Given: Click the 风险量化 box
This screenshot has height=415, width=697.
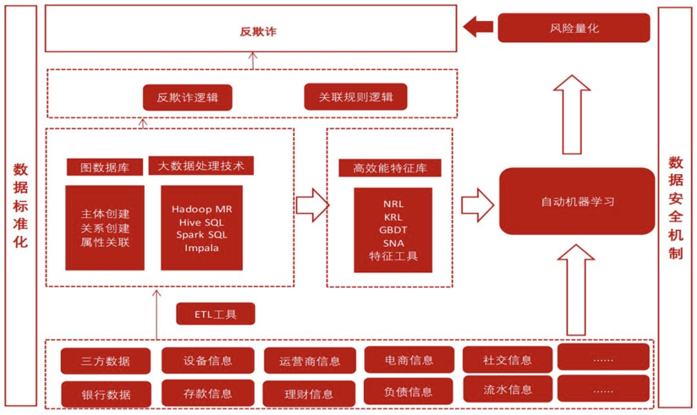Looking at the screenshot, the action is (x=574, y=28).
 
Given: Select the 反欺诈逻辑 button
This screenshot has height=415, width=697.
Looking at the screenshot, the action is (x=188, y=97).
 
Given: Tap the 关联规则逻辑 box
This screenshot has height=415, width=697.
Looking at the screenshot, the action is (x=356, y=97).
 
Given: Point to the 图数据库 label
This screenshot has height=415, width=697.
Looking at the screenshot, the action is (x=105, y=167).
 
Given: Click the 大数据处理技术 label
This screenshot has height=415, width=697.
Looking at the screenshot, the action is (x=201, y=166).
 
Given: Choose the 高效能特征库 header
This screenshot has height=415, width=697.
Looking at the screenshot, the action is (x=390, y=168).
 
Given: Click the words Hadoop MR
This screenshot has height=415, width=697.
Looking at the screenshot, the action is (x=202, y=209).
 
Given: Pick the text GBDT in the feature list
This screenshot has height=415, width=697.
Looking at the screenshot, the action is (x=393, y=230).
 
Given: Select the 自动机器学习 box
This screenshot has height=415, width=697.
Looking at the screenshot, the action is (x=577, y=202).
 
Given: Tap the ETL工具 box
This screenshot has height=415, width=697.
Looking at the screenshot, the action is (x=216, y=314).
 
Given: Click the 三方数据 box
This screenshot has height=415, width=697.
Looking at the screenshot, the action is (x=106, y=361).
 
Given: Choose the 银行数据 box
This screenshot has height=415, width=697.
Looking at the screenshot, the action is (x=106, y=394).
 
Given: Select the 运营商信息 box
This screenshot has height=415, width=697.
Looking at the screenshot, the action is (x=310, y=360).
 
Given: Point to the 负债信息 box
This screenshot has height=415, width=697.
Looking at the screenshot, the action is (x=408, y=391).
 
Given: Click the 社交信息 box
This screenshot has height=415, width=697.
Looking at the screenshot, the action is (x=507, y=359).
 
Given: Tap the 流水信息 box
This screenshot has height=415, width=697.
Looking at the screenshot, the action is (x=507, y=389).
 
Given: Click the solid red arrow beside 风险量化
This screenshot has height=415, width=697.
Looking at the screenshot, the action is (x=478, y=27).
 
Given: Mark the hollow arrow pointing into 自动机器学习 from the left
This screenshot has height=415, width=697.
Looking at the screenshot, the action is (x=478, y=205).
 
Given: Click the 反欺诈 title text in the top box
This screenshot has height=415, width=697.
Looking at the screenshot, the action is (x=258, y=31).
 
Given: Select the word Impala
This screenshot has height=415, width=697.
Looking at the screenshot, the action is (x=202, y=248).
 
